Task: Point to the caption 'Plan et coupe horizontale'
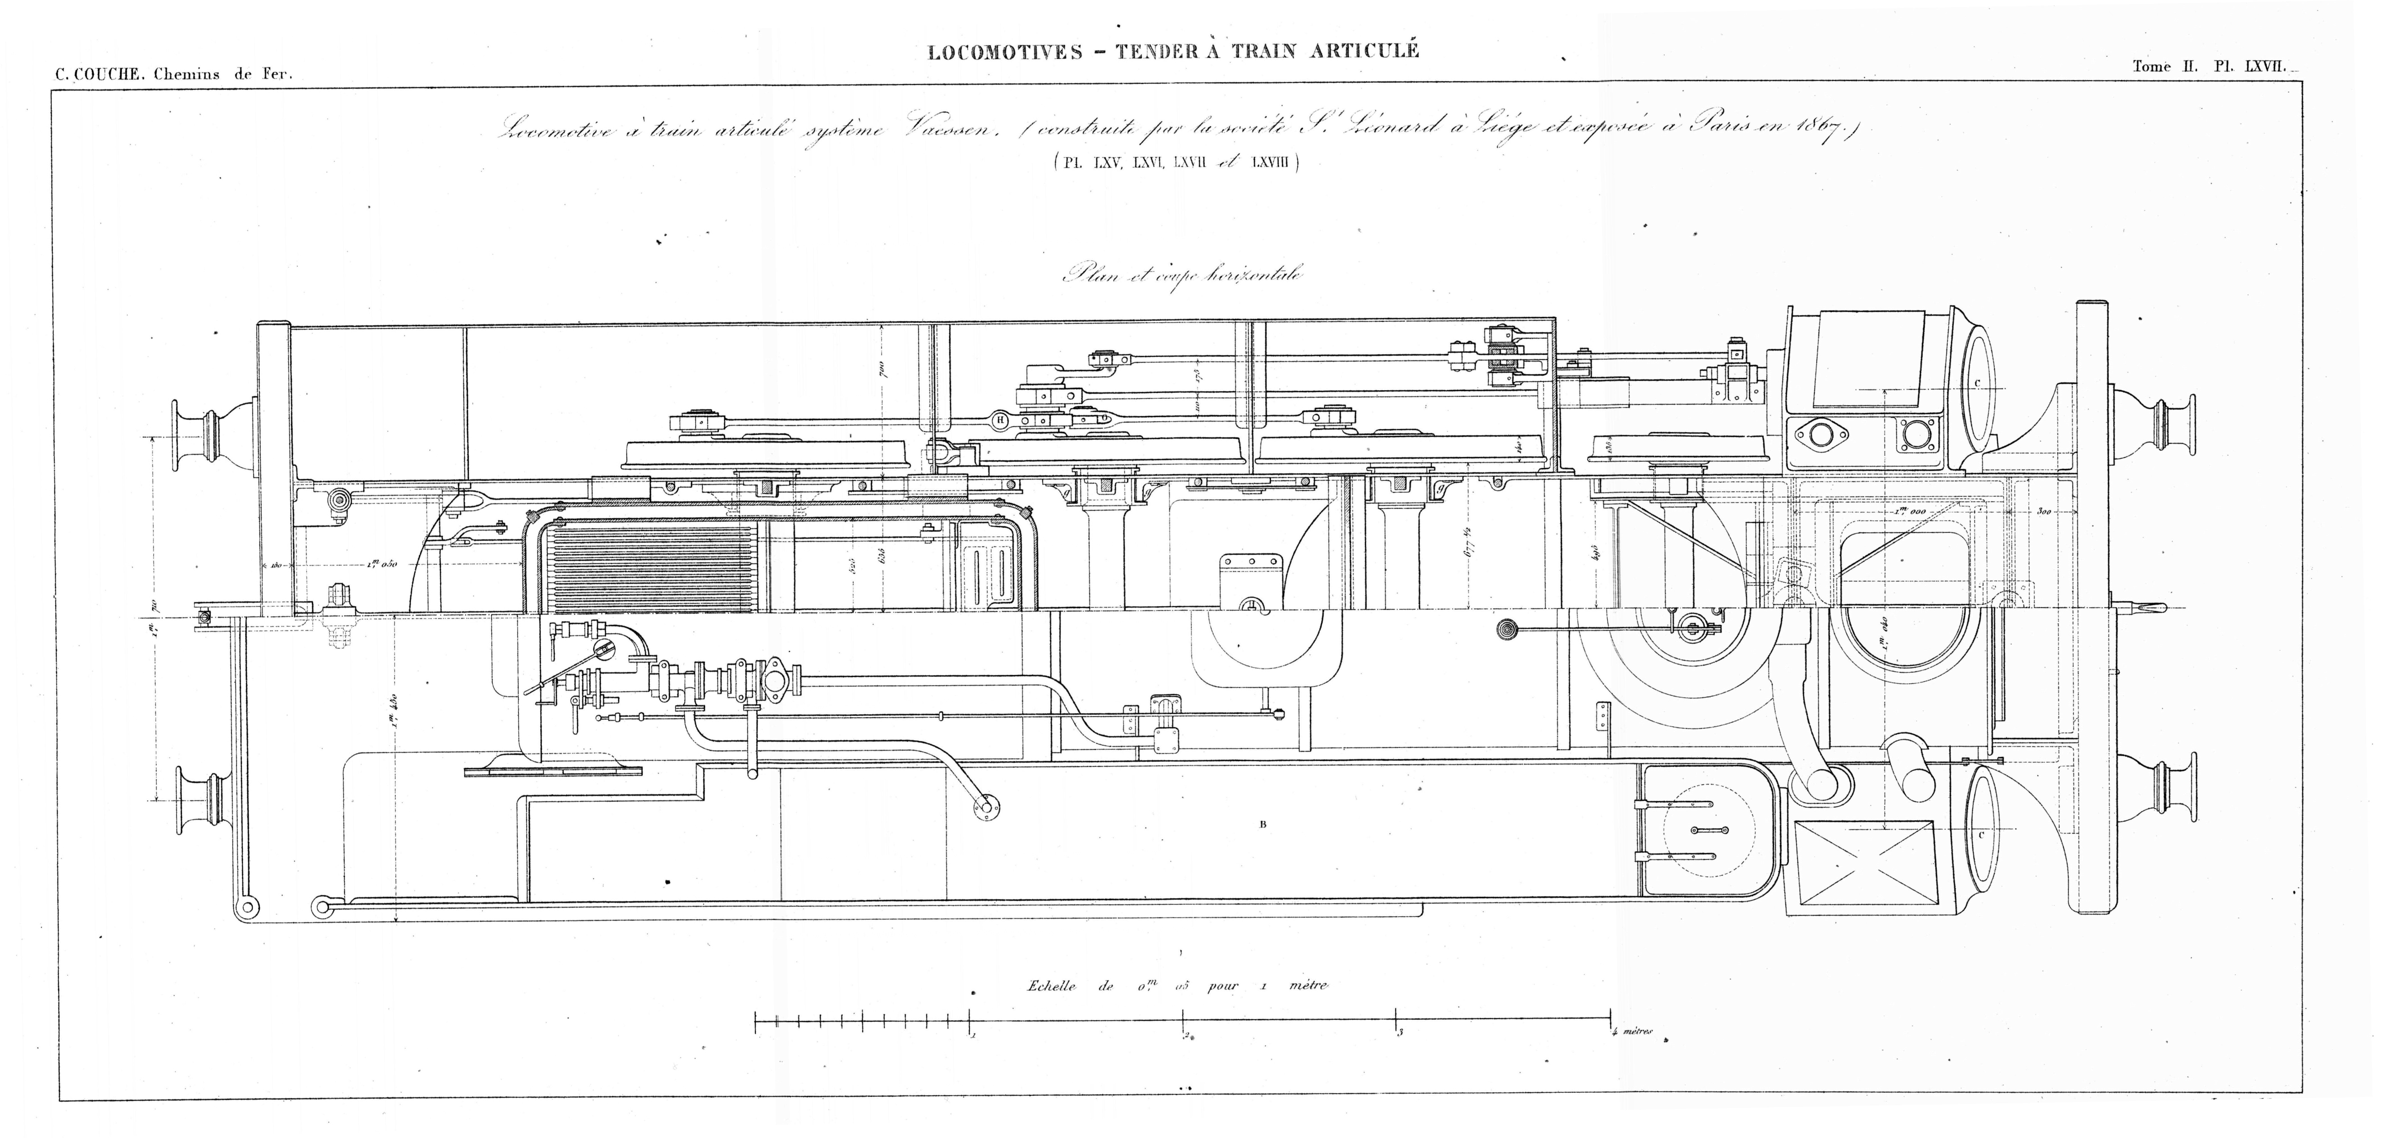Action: pyautogui.click(x=1183, y=275)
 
